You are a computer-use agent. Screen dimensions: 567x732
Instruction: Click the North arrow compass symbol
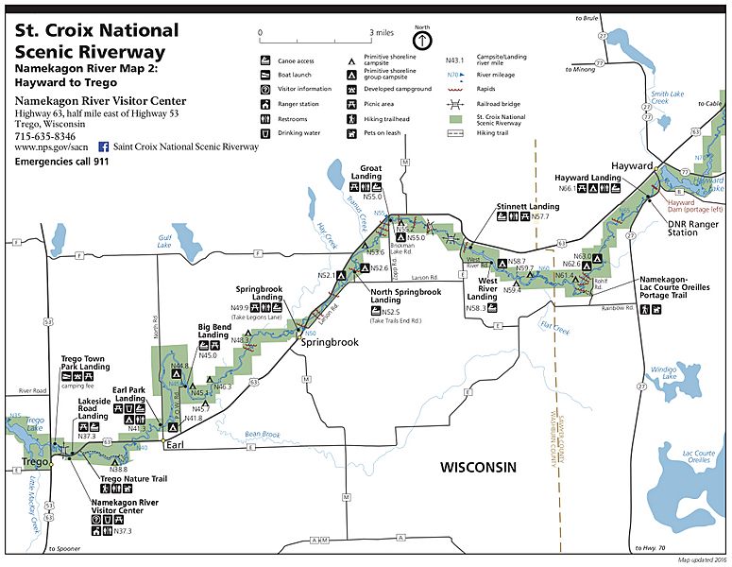pyautogui.click(x=421, y=41)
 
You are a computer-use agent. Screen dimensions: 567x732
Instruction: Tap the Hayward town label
pyautogui.click(x=632, y=165)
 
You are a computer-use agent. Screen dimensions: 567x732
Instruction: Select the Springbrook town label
pyautogui.click(x=330, y=341)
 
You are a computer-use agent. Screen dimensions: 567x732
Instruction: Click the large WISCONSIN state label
pyautogui.click(x=479, y=468)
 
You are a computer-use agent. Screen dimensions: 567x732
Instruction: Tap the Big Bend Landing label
pyautogui.click(x=213, y=330)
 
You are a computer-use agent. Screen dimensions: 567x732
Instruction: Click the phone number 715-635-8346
pyautogui.click(x=44, y=136)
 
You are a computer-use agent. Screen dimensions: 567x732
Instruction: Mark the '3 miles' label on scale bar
pyautogui.click(x=382, y=32)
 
